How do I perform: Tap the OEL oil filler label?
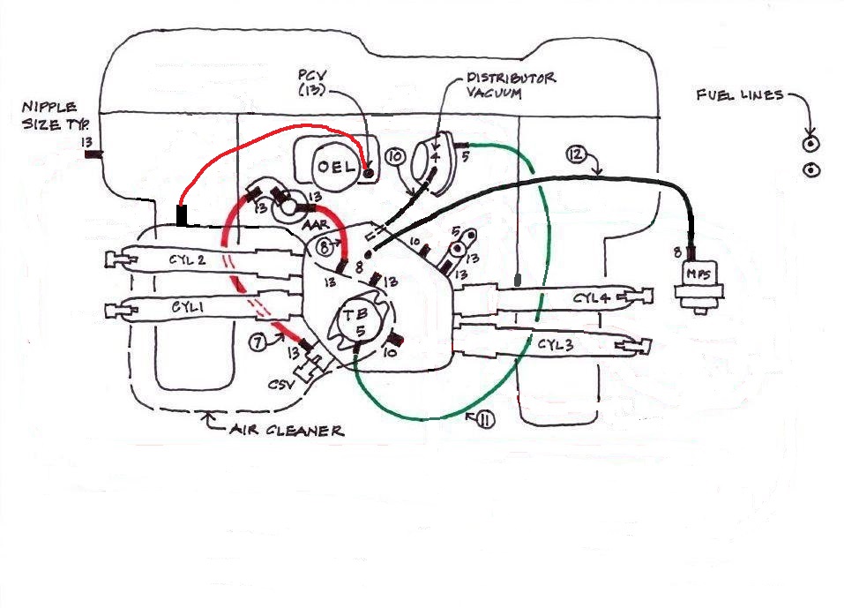coord(335,166)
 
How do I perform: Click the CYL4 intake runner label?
coord(591,298)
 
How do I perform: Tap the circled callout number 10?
coord(394,157)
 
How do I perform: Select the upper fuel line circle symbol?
coord(810,143)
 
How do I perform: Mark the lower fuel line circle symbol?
coord(810,169)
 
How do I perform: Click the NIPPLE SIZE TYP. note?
coord(55,115)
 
